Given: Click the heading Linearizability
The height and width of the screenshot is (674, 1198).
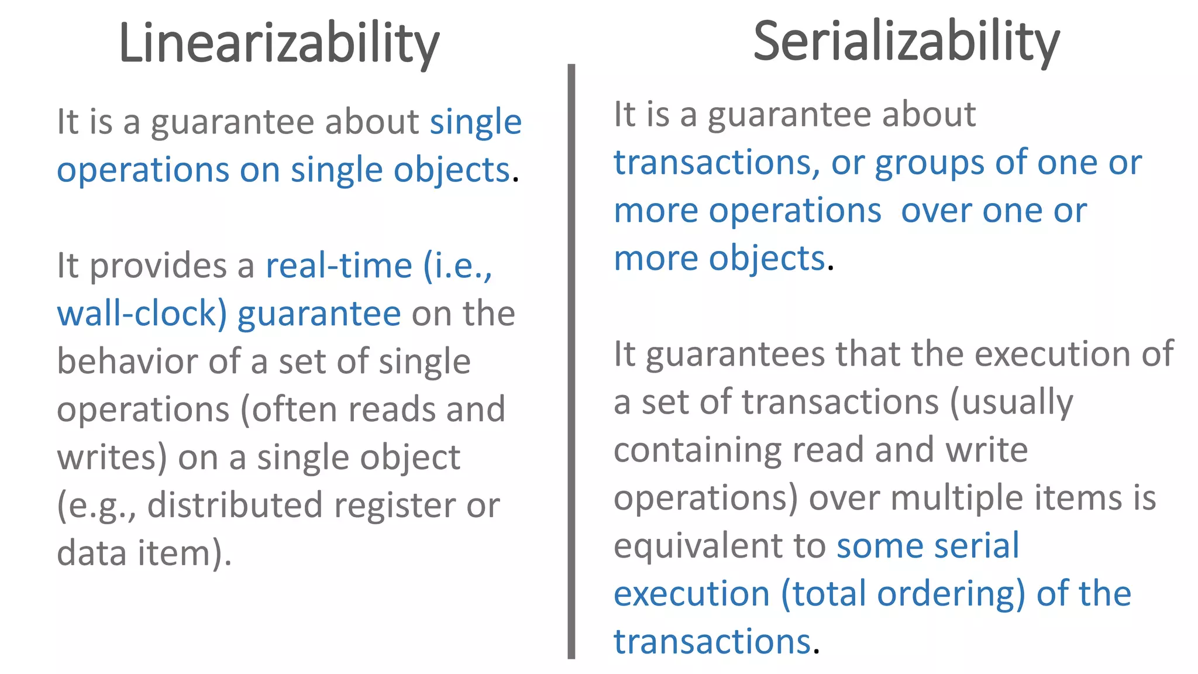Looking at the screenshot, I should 278,44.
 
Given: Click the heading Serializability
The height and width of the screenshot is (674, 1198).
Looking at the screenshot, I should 906,42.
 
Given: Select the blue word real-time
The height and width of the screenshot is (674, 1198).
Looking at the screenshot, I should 339,266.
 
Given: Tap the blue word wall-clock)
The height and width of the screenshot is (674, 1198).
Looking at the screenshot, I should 142,314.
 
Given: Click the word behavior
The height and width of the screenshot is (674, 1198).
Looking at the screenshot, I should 128,362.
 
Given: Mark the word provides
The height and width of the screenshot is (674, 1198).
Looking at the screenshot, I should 158,267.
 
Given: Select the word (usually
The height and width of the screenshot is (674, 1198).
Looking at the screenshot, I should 1011,403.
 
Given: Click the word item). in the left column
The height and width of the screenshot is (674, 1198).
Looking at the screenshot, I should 185,553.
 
